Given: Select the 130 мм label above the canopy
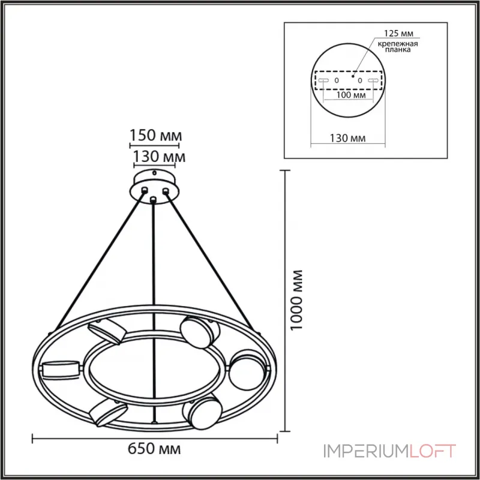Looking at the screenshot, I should coord(158,157).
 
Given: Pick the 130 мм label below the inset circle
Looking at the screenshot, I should coord(348,139).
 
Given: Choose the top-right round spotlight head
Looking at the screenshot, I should coord(196,331).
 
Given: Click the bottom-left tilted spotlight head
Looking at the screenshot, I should coord(107,412).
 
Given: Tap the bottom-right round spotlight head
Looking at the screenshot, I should coord(200,412).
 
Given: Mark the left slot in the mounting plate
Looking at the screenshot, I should coord(323,80).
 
